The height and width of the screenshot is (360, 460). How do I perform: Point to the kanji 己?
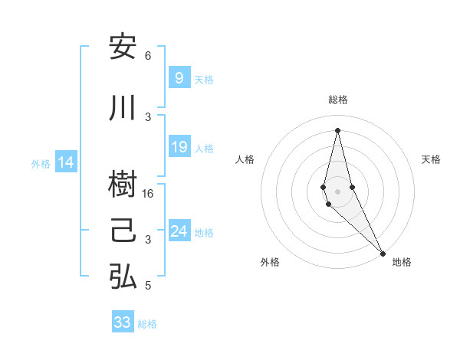coord(123,231)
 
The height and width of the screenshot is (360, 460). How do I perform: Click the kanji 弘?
coord(123,277)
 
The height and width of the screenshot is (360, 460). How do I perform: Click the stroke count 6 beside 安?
coord(148,56)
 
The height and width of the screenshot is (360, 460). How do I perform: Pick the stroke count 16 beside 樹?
coord(149,195)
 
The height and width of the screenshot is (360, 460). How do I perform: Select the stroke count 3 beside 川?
coord(149,116)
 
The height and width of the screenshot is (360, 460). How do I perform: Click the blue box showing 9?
coord(179,78)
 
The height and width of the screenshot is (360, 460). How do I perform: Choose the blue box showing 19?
coord(179,147)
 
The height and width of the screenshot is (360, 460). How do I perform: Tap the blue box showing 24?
coord(179,231)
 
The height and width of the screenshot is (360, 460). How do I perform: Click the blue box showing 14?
coord(66,162)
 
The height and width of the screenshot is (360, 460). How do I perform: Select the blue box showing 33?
coord(123,322)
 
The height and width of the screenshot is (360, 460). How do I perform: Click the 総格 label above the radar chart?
coord(337,100)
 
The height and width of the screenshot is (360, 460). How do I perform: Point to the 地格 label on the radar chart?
coord(402,262)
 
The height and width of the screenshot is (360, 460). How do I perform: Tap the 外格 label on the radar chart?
coord(270,262)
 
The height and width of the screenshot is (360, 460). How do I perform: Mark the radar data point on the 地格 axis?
coord(382,253)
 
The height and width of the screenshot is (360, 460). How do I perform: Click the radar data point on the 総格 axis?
coord(337,130)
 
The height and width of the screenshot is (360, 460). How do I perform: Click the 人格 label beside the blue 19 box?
coord(204,148)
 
